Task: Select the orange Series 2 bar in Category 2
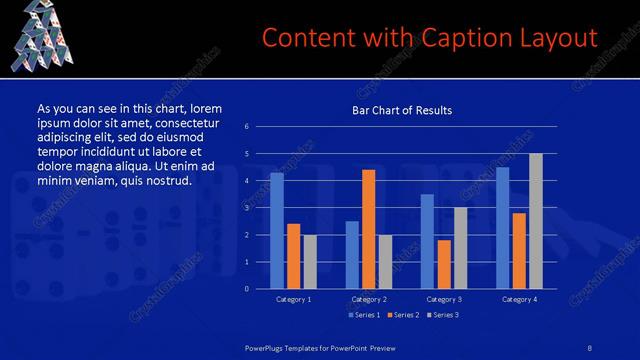click(368, 229)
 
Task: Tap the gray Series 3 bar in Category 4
click(535, 221)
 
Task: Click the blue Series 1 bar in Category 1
click(277, 231)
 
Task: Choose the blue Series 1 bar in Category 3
click(427, 241)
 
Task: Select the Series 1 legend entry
click(363, 315)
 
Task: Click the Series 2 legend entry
click(403, 315)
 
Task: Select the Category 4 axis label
click(519, 299)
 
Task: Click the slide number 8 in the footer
click(590, 345)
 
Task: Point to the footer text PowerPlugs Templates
click(289, 345)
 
